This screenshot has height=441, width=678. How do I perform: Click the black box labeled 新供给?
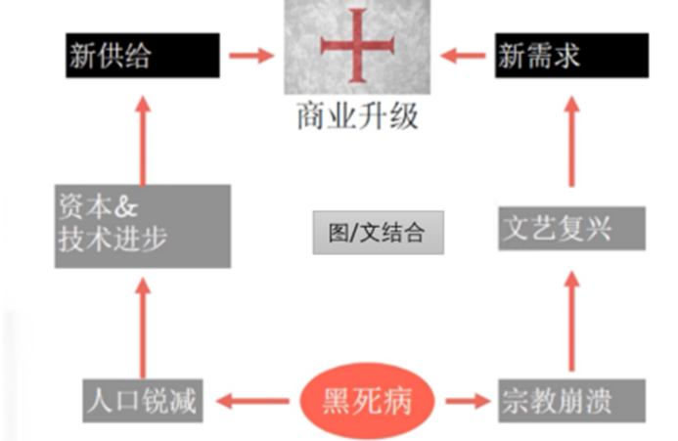tap(143, 56)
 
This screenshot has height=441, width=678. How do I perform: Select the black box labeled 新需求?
tap(571, 56)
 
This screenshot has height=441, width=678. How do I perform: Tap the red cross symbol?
tap(357, 45)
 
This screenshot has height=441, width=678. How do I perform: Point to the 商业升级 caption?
tap(358, 115)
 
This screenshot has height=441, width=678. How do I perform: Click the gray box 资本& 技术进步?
tap(143, 226)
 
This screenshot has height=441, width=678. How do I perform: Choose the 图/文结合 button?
tap(379, 233)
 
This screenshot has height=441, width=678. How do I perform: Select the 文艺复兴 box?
tap(571, 229)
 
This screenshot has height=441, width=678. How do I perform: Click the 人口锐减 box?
tap(143, 401)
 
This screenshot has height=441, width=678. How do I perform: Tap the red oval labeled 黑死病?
tap(367, 401)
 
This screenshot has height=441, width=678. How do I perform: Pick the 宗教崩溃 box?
tap(571, 401)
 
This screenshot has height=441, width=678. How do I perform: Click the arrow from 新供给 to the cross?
tap(251, 56)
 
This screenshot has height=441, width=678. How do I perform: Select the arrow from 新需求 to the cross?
tap(463, 56)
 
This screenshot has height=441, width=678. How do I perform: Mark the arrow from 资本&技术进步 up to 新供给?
tap(143, 141)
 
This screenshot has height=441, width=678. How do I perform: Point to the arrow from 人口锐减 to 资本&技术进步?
tap(143, 329)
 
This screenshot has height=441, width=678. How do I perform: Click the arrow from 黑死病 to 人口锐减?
tap(252, 401)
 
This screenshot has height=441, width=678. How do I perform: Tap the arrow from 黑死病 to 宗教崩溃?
tap(469, 401)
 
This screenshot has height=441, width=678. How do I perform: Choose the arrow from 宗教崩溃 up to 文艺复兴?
tap(571, 322)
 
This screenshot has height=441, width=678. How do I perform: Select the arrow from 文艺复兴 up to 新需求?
tap(571, 142)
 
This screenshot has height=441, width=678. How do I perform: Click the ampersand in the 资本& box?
tap(126, 207)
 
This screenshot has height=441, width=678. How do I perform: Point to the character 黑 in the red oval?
tap(337, 401)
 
